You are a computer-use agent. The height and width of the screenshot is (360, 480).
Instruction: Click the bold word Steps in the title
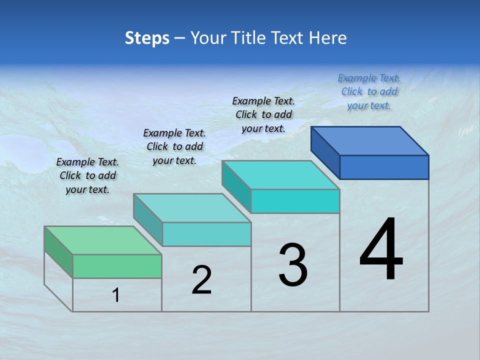coord(147,38)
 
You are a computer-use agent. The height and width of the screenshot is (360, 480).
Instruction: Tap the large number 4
coord(381,250)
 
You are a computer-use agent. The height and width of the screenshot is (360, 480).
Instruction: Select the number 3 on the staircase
coord(293,265)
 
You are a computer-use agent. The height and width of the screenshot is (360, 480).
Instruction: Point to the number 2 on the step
coord(201,280)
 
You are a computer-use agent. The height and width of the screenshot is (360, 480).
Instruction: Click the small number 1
coord(116,295)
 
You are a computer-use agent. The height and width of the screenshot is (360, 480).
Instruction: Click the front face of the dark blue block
coord(384,167)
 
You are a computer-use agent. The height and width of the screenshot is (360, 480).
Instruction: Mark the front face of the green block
coord(117,266)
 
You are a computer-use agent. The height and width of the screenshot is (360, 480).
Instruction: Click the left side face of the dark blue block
coord(325,149)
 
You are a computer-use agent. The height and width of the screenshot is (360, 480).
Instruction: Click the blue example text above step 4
coord(369,91)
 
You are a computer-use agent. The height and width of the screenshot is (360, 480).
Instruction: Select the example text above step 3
coord(263,114)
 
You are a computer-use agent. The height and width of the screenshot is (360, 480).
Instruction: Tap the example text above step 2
coord(174,146)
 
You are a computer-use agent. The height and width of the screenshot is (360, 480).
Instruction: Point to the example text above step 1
coord(87,175)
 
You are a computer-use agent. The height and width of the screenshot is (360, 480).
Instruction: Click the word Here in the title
coord(328,38)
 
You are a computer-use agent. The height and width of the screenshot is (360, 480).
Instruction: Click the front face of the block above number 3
coord(295,201)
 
